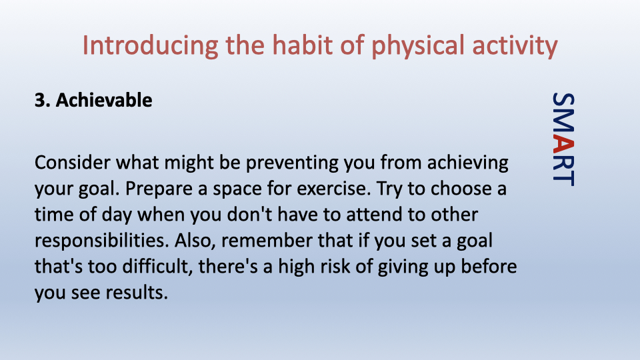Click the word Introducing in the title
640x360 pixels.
point(150,45)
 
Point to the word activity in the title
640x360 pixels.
point(515,46)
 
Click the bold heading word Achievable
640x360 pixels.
point(104,100)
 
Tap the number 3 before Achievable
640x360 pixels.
point(40,101)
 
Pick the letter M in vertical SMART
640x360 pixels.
point(564,124)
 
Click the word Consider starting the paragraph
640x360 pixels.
point(73,163)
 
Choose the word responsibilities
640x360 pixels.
point(101,241)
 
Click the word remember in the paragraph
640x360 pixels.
point(267,241)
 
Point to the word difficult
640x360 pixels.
point(157,267)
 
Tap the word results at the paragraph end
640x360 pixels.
point(137,292)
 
